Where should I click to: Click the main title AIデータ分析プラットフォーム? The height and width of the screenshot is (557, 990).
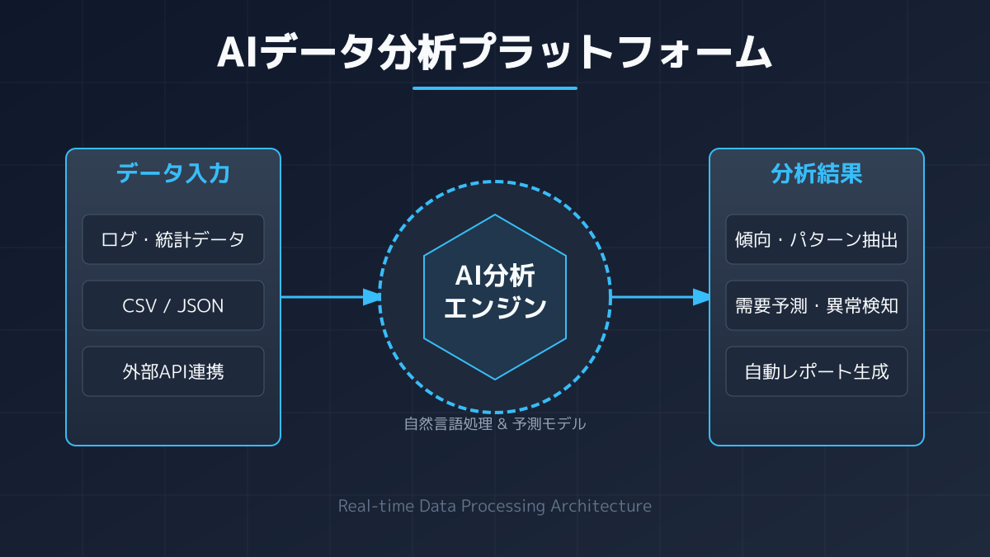(x=495, y=52)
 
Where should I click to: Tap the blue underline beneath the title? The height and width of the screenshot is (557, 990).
(x=495, y=88)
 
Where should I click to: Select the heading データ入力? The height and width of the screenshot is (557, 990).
(x=173, y=174)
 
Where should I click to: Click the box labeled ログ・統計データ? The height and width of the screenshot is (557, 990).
(x=173, y=239)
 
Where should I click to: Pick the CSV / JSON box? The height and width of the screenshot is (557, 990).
(x=173, y=305)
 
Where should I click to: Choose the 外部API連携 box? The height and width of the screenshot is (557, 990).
(x=173, y=371)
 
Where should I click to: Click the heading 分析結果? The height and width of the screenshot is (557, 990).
(x=817, y=174)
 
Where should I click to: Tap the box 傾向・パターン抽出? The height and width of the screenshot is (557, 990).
(x=817, y=239)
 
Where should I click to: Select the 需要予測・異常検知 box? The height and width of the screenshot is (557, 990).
(x=817, y=305)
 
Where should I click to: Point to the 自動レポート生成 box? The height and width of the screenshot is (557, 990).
(x=817, y=371)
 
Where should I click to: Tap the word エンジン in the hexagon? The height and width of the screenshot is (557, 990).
(x=495, y=309)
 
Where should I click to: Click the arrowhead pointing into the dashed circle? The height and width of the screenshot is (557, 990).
(x=372, y=297)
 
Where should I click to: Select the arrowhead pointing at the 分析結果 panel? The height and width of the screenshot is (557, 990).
(x=702, y=297)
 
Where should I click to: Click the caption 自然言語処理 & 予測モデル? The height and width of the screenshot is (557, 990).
(x=495, y=424)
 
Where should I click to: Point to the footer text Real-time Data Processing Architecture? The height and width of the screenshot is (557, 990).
(x=495, y=506)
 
